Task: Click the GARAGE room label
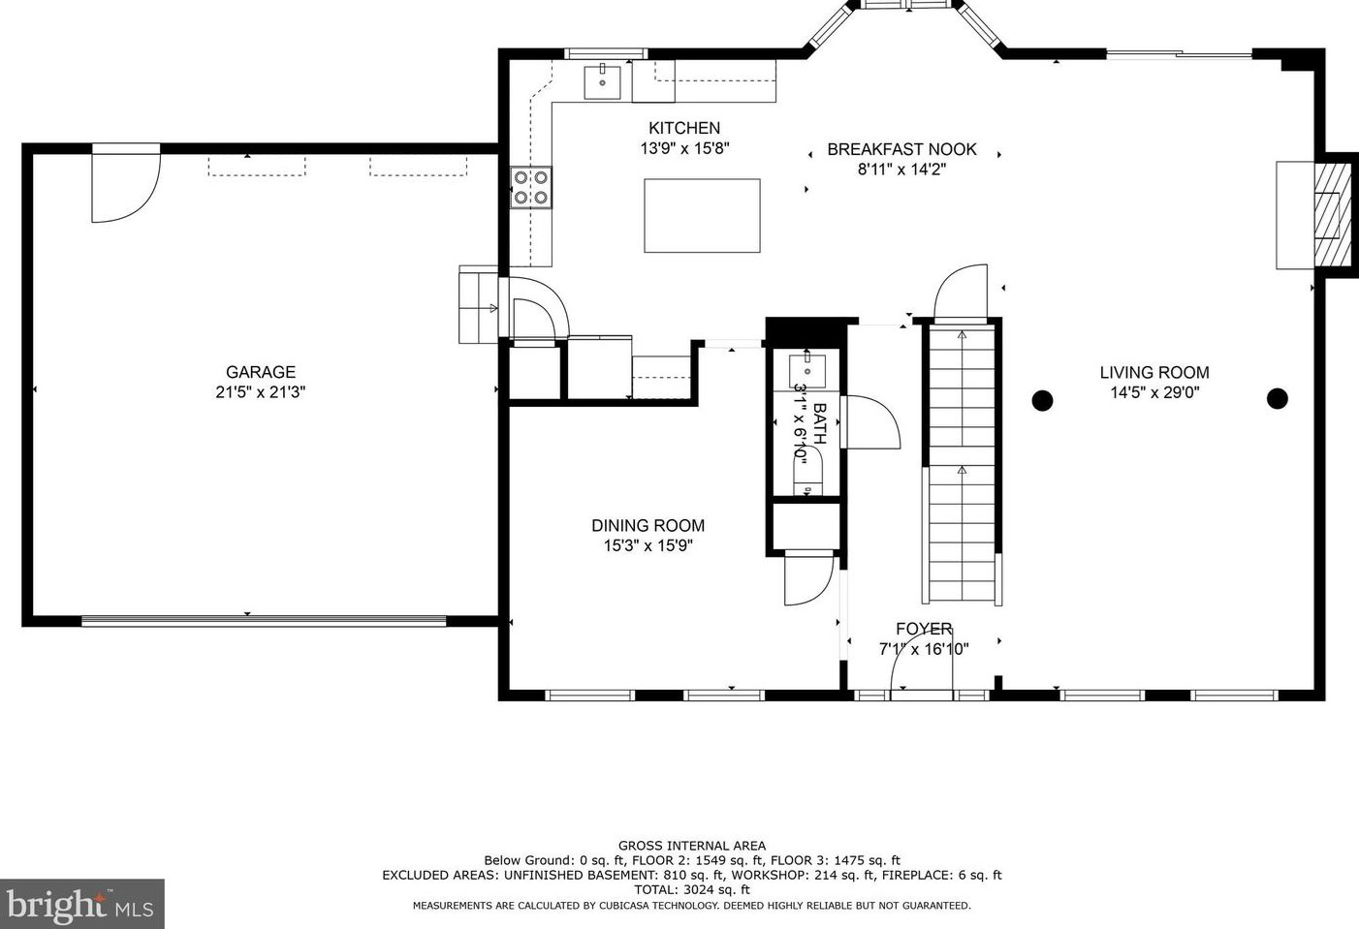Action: tap(260, 372)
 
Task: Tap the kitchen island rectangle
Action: tap(702, 215)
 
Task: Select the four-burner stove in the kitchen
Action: tap(531, 188)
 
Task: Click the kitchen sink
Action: tap(602, 82)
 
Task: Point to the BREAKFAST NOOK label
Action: tap(901, 149)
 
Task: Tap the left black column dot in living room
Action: tap(1042, 400)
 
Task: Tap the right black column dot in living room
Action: tap(1278, 398)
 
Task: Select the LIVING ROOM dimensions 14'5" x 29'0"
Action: tap(1154, 392)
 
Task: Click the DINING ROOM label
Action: tap(648, 526)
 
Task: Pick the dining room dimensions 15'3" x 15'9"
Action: tap(648, 546)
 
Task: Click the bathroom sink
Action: tap(806, 371)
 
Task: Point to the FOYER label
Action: tap(923, 629)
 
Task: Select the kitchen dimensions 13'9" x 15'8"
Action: tap(684, 148)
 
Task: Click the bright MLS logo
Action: tap(81, 905)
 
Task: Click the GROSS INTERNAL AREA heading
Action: tap(691, 846)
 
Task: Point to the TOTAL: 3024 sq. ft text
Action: tap(691, 889)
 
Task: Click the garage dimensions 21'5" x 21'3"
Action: tap(260, 392)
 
